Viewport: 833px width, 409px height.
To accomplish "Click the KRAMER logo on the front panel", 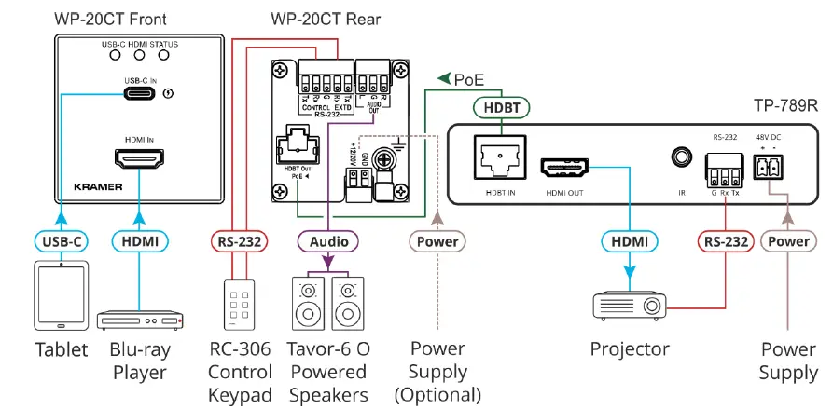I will click(99, 186).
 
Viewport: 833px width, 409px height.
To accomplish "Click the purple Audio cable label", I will click(328, 242).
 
